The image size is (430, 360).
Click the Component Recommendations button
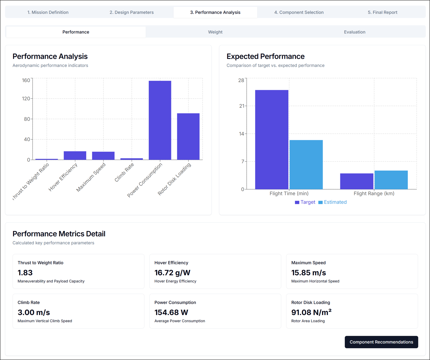pos(381,342)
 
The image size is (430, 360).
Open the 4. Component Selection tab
pos(299,12)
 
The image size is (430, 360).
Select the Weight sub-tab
pos(215,32)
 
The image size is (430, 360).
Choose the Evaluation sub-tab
pos(354,32)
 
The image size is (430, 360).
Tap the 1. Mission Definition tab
pos(48,12)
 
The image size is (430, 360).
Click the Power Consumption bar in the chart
pos(160,120)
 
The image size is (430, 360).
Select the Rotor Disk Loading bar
pos(188,137)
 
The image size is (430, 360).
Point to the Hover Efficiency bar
pos(75,156)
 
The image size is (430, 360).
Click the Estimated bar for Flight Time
pos(306,165)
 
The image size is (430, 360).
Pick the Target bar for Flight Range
pos(357,181)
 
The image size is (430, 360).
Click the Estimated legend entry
pos(332,202)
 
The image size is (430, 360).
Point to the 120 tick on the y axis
pos(26,98)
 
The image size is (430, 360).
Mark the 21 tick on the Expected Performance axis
pos(242,106)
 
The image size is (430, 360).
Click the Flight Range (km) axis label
pos(374,194)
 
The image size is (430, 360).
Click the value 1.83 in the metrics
pos(25,273)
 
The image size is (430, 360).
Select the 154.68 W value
pos(171,312)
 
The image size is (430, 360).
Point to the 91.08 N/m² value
pos(311,312)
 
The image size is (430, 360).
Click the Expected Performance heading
pos(265,56)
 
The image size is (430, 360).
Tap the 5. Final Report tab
pos(382,12)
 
